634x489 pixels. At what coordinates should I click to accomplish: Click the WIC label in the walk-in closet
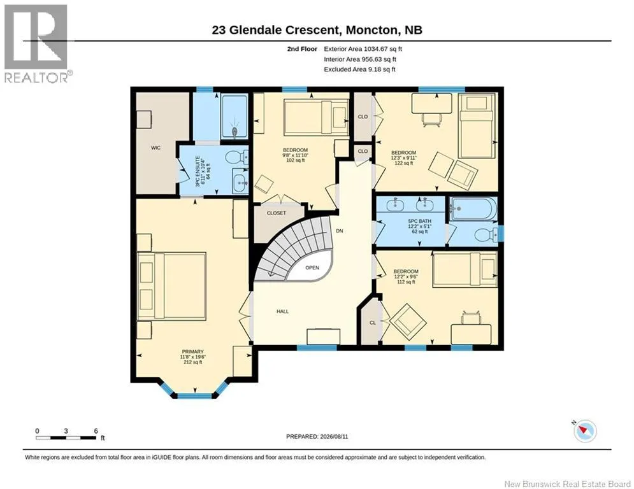click(155, 148)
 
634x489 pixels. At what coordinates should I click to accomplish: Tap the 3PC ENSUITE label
click(198, 171)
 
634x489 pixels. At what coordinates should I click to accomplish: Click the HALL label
click(283, 311)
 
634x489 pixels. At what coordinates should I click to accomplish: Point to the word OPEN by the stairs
click(312, 268)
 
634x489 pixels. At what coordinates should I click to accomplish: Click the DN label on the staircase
click(340, 231)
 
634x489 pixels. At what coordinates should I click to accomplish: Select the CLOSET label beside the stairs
click(277, 213)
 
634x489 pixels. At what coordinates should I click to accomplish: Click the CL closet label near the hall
click(373, 323)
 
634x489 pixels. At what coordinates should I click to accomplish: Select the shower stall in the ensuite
click(234, 117)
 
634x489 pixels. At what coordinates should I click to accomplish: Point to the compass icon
click(585, 431)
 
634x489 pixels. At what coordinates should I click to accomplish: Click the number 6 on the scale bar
click(96, 431)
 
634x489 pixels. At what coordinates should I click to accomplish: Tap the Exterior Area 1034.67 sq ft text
click(363, 49)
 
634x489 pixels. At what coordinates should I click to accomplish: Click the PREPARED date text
click(317, 436)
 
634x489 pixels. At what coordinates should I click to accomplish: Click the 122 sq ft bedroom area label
click(403, 163)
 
